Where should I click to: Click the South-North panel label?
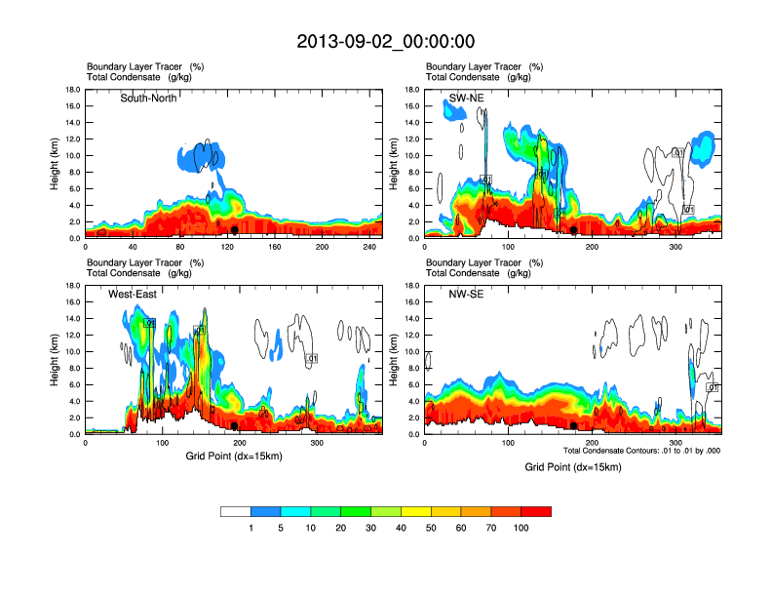(x=148, y=99)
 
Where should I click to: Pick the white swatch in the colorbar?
(x=236, y=511)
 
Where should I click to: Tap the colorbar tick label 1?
(x=251, y=528)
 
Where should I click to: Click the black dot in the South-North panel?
(x=234, y=230)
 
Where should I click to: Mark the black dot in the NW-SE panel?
(x=573, y=426)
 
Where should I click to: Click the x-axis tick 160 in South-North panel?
(x=275, y=247)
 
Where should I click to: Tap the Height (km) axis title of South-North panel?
(x=56, y=164)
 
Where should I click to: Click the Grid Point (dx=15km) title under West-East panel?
(x=232, y=456)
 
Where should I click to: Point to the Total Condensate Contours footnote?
(x=641, y=451)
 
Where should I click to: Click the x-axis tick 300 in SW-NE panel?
(x=675, y=247)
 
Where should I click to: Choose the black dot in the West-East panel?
(x=234, y=426)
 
